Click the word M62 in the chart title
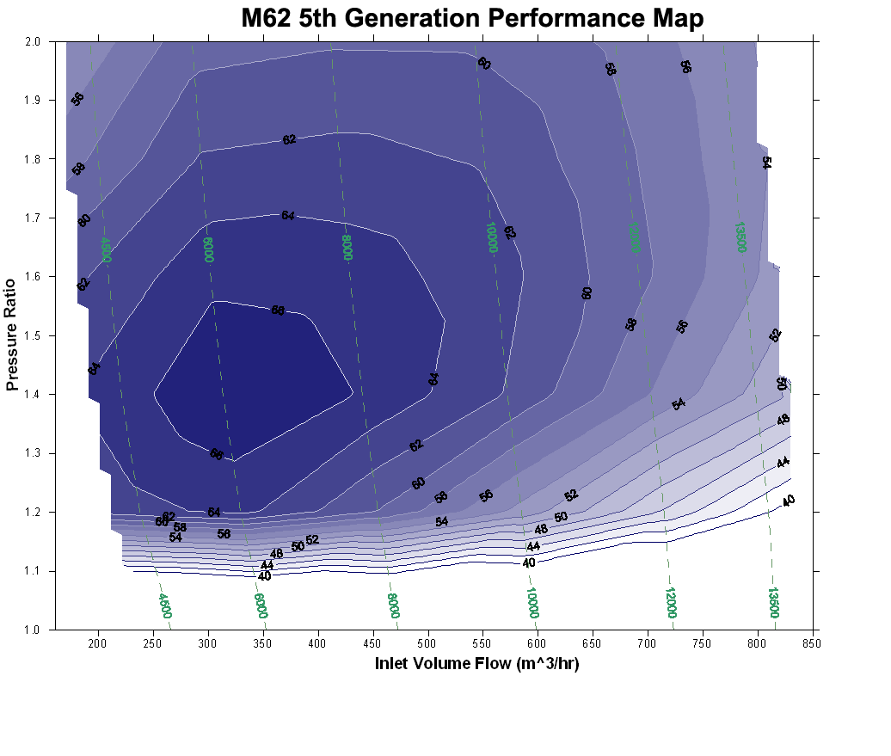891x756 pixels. click(266, 18)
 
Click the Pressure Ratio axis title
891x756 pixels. click(12, 335)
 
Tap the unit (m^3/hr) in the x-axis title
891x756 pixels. click(542, 663)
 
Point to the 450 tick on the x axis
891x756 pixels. click(373, 643)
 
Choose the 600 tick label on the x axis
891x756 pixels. click(538, 643)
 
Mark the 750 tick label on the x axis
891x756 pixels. click(703, 643)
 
